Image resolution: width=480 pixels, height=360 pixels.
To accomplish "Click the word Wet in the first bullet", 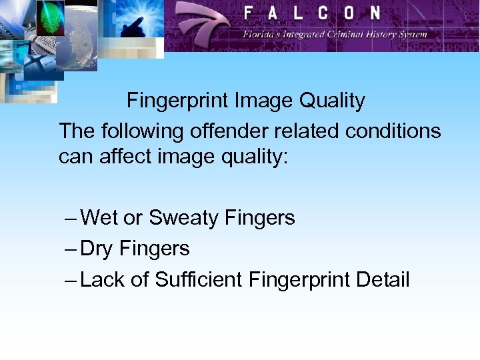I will click(99, 218).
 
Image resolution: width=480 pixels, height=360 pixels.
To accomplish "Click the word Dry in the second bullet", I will click(97, 249).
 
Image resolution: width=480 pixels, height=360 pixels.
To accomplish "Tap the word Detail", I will click(382, 279).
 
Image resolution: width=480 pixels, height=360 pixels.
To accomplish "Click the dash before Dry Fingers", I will click(71, 249).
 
